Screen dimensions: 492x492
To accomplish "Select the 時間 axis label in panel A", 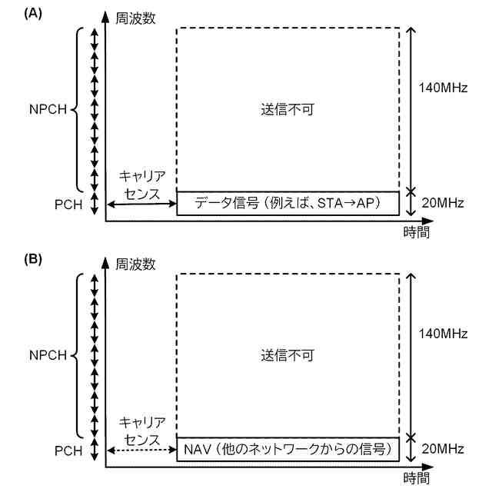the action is pyautogui.click(x=416, y=232).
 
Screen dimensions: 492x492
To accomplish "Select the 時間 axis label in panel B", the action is pyautogui.click(x=416, y=478).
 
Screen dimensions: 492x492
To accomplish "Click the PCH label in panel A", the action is pyautogui.click(x=65, y=204).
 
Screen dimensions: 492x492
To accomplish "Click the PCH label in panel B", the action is pyautogui.click(x=65, y=450).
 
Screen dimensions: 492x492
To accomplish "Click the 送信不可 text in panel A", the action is pyautogui.click(x=288, y=109).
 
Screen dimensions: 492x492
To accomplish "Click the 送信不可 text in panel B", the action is pyautogui.click(x=288, y=355).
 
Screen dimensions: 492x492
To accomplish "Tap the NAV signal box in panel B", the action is pyautogui.click(x=288, y=449).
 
